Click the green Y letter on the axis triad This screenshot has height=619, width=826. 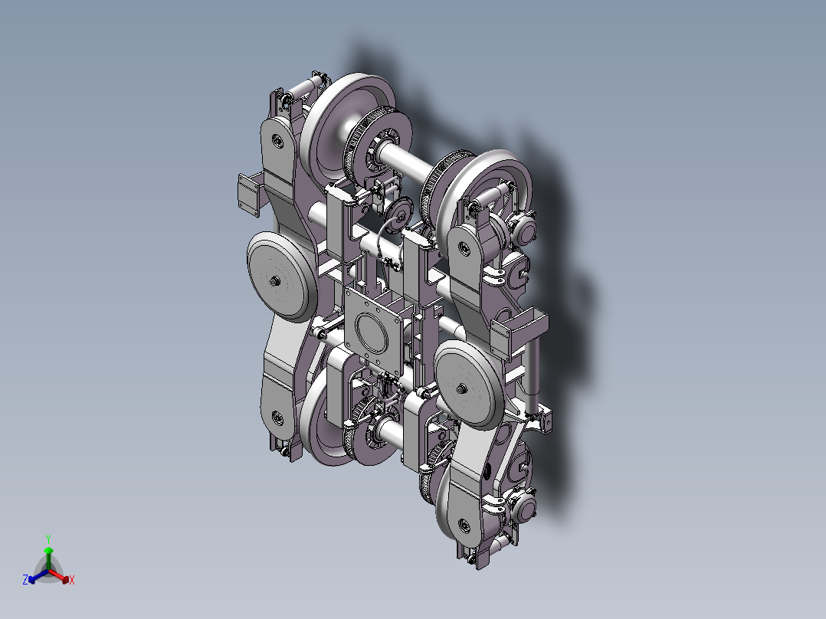click(x=48, y=539)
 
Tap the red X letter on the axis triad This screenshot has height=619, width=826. click(x=72, y=581)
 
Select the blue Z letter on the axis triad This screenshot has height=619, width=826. click(x=25, y=581)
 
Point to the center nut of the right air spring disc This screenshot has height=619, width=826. click(x=462, y=388)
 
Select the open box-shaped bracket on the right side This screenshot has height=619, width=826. click(x=521, y=331)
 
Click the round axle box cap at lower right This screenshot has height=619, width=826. click(x=524, y=506)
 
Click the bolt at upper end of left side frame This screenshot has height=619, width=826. click(x=275, y=140)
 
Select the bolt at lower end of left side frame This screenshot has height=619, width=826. click(x=275, y=418)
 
